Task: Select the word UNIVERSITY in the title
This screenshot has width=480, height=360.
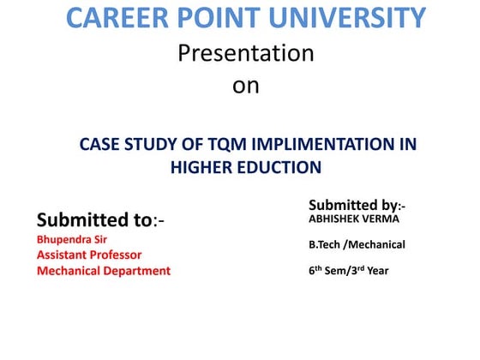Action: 352,18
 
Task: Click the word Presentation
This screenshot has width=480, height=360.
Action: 246,53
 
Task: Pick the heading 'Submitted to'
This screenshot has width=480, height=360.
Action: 94,220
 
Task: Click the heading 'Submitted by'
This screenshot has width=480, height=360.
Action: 352,205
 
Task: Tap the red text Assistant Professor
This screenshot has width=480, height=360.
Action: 89,254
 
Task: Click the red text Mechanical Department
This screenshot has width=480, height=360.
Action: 103,271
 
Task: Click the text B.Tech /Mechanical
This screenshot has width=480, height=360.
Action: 357,245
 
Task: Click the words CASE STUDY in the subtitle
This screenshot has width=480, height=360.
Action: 121,143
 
